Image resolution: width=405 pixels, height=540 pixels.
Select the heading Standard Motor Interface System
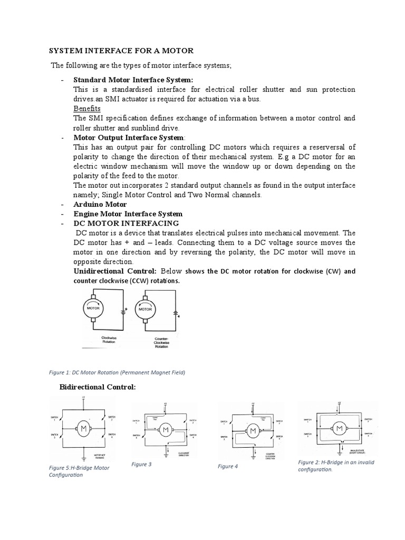pos(133,80)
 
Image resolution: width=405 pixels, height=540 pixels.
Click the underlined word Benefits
pos(87,108)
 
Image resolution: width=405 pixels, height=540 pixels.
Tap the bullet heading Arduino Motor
pos(100,204)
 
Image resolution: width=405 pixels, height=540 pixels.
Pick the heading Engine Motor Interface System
pos(128,214)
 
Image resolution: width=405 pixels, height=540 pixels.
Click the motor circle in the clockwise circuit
pos(93,308)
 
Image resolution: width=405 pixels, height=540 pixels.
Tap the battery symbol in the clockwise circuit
pos(122,311)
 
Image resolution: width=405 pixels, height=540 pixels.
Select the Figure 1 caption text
pos(117,372)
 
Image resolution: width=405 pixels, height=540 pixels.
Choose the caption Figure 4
pos(228,466)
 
